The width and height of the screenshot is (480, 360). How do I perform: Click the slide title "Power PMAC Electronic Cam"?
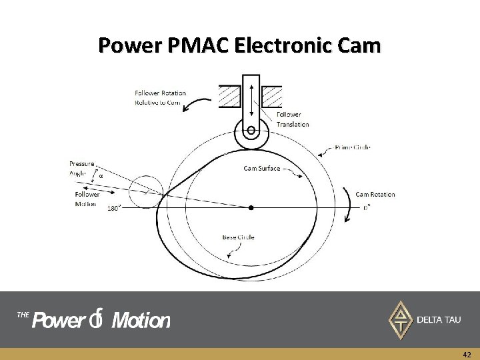point(240,46)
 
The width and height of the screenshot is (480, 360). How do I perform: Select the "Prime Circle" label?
point(353,147)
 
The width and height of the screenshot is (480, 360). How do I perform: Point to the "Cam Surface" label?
point(261,169)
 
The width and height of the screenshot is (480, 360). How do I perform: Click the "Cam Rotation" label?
point(375,195)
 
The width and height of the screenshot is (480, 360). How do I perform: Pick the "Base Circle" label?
point(239,237)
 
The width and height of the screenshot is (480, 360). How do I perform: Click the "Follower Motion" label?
point(87,199)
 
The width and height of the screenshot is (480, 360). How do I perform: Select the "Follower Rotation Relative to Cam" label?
point(160,97)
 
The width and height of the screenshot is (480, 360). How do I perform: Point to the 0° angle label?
point(367,207)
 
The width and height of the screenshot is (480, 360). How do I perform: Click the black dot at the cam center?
point(251,208)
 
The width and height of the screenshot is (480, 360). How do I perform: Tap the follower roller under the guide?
point(251,131)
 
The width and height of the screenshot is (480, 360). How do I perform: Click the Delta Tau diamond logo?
point(400,319)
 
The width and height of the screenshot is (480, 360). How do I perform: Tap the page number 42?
point(467,355)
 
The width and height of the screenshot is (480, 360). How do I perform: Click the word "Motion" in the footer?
point(141,321)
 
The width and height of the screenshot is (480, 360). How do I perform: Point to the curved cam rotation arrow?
point(349,203)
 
